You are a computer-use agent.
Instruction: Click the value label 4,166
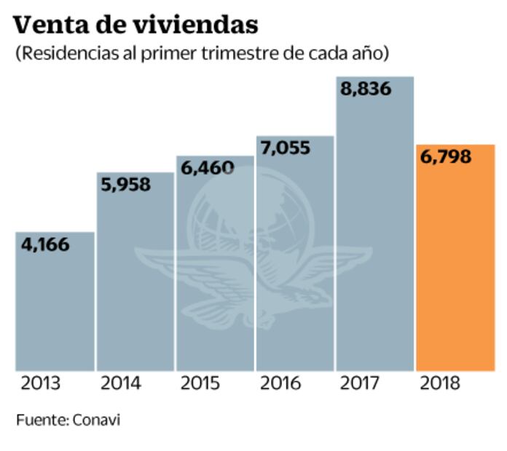point(45,244)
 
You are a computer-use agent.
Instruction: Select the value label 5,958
point(125,185)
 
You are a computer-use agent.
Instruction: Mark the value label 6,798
point(446,156)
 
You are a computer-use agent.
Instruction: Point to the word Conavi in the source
point(96,420)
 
